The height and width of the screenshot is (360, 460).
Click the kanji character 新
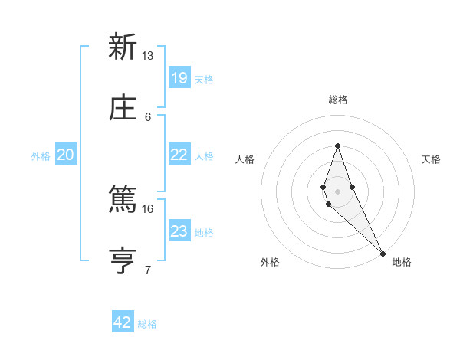pos(122,47)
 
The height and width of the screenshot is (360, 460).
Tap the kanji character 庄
pos(122,108)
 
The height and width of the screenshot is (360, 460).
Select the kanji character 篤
pos(122,201)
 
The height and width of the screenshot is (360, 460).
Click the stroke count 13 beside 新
pos(147,56)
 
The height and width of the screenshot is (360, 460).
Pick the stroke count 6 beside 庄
pos(148,116)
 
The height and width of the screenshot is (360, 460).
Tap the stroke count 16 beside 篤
pos(147,208)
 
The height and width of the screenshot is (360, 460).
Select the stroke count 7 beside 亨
pos(148,270)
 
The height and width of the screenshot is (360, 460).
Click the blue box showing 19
pos(179,77)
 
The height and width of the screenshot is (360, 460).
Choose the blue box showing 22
pos(179,155)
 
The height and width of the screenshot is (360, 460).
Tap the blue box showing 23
pos(179,231)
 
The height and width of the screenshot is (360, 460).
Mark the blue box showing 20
pos(66,155)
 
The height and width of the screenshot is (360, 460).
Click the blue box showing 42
pos(123,322)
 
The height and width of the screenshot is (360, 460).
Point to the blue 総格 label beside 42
pos(147,324)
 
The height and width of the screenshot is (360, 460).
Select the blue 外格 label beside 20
pos(41,156)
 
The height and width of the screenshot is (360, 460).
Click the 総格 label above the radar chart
pos(337,100)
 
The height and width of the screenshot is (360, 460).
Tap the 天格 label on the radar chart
pos(431,159)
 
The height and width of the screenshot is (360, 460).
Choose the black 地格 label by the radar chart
pos(402,262)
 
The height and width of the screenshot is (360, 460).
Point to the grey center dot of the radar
pos(337,191)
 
